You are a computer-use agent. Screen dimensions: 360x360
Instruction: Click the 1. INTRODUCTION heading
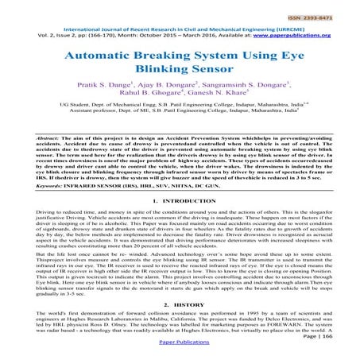180,203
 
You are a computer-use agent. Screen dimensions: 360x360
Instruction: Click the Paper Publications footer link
180,348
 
